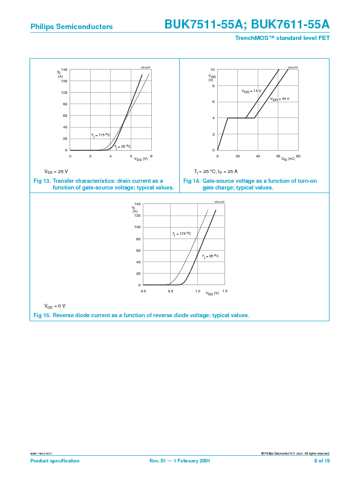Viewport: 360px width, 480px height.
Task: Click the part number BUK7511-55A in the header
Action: click(204, 25)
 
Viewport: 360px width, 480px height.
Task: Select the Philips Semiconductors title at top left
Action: click(71, 27)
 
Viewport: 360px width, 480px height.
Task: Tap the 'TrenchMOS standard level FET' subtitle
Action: click(282, 38)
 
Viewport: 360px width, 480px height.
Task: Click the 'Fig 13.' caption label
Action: click(42, 181)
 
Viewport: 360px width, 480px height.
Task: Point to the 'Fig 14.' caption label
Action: click(192, 181)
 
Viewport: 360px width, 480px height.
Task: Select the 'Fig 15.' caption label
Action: click(42, 315)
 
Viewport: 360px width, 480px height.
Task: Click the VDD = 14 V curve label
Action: click(251, 91)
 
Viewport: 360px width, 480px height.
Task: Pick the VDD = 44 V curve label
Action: click(280, 99)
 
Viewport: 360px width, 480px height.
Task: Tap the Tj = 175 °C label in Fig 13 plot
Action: click(101, 135)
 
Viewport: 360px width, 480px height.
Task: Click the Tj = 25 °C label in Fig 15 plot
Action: click(210, 257)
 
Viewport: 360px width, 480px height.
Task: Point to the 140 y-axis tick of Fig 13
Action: click(64, 70)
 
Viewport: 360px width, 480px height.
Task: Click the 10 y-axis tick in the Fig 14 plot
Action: click(213, 70)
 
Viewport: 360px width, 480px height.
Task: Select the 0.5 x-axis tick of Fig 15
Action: click(170, 291)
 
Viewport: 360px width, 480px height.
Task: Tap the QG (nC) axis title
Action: click(288, 159)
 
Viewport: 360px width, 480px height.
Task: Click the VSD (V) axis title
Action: click(212, 294)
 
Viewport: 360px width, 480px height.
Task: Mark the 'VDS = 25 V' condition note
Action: click(56, 171)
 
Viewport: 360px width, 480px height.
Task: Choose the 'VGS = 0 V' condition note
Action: click(55, 305)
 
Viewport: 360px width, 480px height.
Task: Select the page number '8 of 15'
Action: click(321, 461)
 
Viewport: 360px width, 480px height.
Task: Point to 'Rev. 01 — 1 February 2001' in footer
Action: click(180, 461)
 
